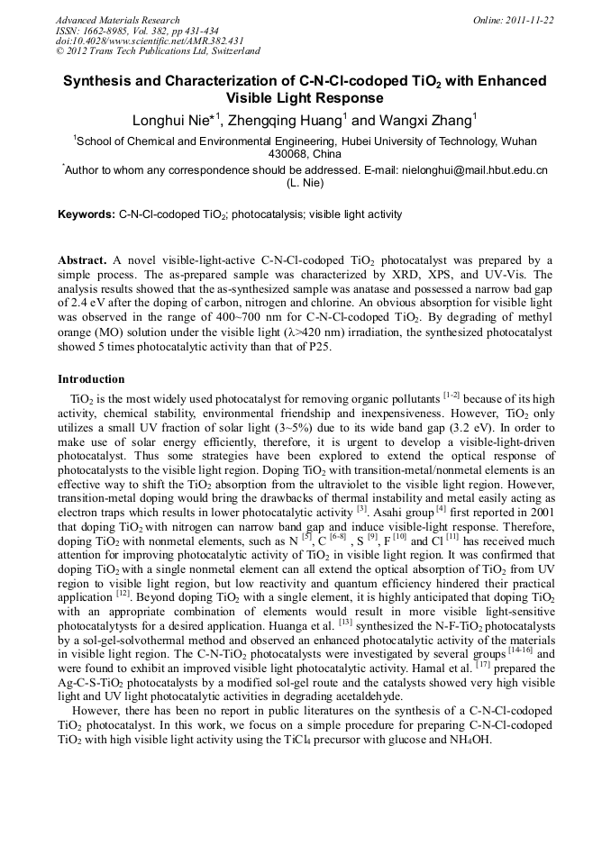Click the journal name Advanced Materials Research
click(x=117, y=20)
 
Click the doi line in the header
click(x=150, y=41)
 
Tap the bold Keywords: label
click(x=87, y=214)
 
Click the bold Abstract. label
click(x=83, y=259)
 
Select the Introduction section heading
click(x=91, y=378)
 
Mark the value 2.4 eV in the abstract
click(x=87, y=304)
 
